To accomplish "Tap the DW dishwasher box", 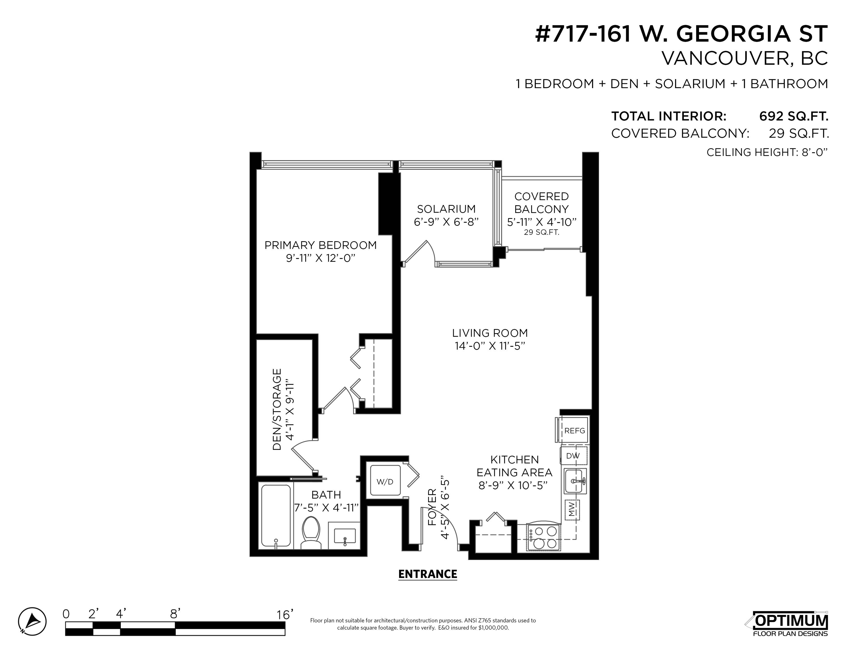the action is pyautogui.click(x=573, y=456).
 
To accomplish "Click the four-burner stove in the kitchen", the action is pyautogui.click(x=544, y=537).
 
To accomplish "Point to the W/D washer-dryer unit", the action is pyautogui.click(x=385, y=481).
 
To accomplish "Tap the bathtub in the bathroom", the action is pyautogui.click(x=276, y=516).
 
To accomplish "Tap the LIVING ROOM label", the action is pyautogui.click(x=490, y=333).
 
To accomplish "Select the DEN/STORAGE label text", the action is pyautogui.click(x=277, y=409).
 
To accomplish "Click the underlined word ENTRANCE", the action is pyautogui.click(x=428, y=574).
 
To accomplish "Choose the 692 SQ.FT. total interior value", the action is pyautogui.click(x=794, y=116).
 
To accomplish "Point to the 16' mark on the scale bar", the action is pyautogui.click(x=284, y=614).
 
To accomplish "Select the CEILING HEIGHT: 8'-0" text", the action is pyautogui.click(x=767, y=152).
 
